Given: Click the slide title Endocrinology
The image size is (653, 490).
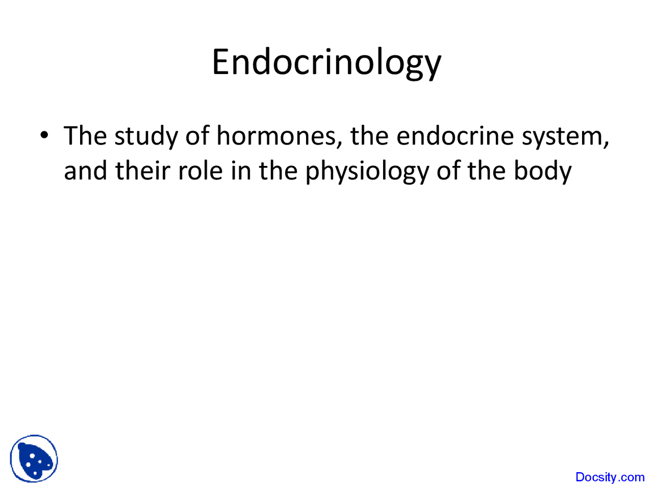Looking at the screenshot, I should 326,62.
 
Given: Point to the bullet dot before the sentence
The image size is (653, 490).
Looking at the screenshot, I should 45,135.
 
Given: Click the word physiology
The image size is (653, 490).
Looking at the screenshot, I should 367,171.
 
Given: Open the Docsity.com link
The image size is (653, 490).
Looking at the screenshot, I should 610,477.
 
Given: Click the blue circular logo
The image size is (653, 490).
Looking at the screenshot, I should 34,459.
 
